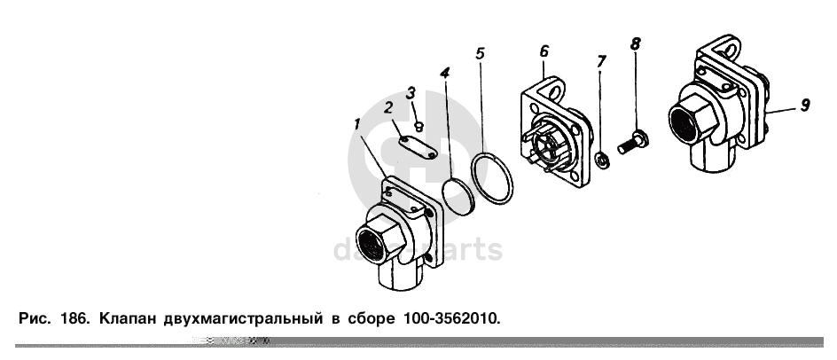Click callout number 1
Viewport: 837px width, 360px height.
(357, 125)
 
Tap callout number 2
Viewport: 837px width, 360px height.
(388, 108)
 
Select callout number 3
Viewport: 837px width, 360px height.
(410, 93)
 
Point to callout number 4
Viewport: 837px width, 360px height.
(445, 73)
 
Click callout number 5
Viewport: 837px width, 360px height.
(480, 53)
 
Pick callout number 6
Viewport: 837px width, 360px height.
(544, 51)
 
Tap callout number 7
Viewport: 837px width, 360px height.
(601, 61)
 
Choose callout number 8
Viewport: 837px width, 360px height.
(635, 43)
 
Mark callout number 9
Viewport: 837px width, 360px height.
(805, 105)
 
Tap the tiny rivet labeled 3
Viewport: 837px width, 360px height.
(419, 127)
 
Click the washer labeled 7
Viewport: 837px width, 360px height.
(602, 160)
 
